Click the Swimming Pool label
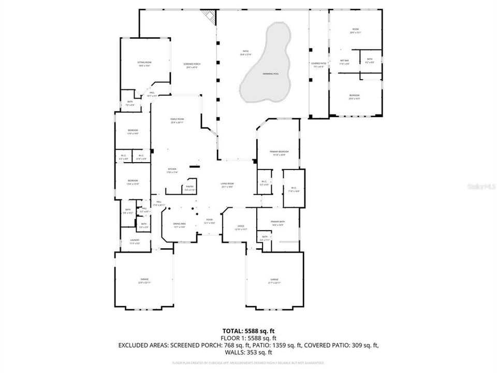tap(270, 74)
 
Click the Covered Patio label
tap(318, 65)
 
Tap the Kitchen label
tap(172, 170)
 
